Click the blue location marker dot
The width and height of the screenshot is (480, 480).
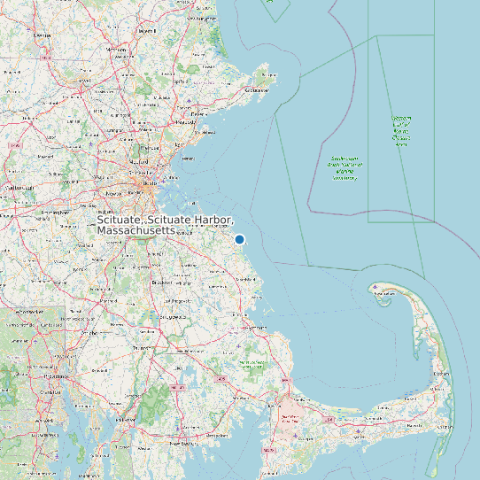[x=239, y=239]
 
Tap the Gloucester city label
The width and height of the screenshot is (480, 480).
[x=257, y=90]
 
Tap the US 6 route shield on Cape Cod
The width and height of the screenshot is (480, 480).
[x=329, y=418]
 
